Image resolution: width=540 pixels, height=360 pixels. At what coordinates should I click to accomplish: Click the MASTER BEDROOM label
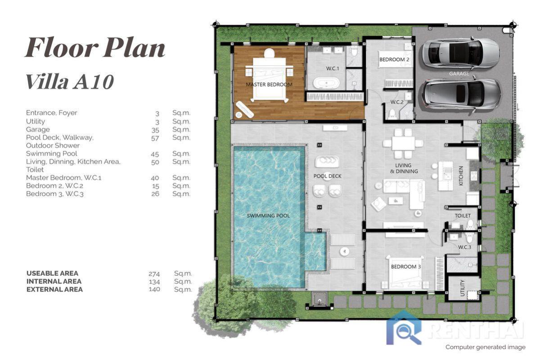pos(269,85)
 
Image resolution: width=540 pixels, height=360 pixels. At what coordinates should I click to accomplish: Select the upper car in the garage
pos(460,53)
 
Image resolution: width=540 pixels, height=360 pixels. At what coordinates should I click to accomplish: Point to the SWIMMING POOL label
pos(268,216)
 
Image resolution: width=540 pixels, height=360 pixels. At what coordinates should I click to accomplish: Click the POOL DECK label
pos(327,176)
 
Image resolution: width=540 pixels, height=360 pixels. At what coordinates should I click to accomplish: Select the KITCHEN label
pos(461,176)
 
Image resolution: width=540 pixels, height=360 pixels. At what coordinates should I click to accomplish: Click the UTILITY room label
pos(463,288)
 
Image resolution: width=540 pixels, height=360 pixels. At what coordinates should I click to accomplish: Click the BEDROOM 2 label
pos(394,59)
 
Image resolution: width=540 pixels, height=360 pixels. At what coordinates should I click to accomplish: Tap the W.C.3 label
pos(464,247)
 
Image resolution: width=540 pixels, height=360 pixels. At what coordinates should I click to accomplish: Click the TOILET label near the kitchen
pos(463,216)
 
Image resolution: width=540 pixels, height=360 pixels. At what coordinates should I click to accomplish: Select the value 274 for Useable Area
pos(154,274)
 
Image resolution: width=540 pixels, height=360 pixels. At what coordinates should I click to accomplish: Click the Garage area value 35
pos(155,130)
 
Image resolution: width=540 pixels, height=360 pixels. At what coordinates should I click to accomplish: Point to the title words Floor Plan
pos(95,48)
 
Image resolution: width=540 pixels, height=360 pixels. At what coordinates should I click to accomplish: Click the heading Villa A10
pos(69,82)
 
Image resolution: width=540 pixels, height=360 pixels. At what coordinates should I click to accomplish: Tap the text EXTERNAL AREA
pos(54,290)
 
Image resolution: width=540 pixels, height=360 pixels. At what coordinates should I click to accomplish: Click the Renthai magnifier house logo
pos(404,328)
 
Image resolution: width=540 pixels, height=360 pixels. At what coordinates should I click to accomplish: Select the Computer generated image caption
pos(485,347)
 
